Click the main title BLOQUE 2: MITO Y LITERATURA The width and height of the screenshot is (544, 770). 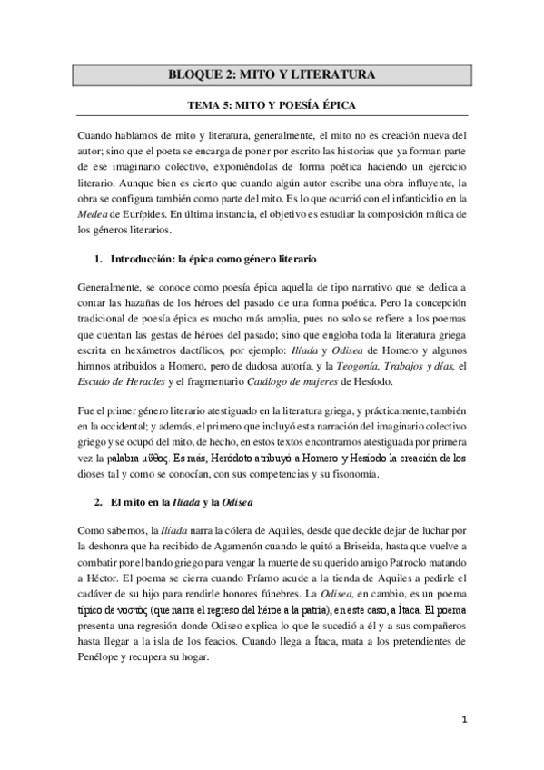point(272,74)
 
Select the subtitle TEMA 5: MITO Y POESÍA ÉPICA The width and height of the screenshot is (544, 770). point(272,105)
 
